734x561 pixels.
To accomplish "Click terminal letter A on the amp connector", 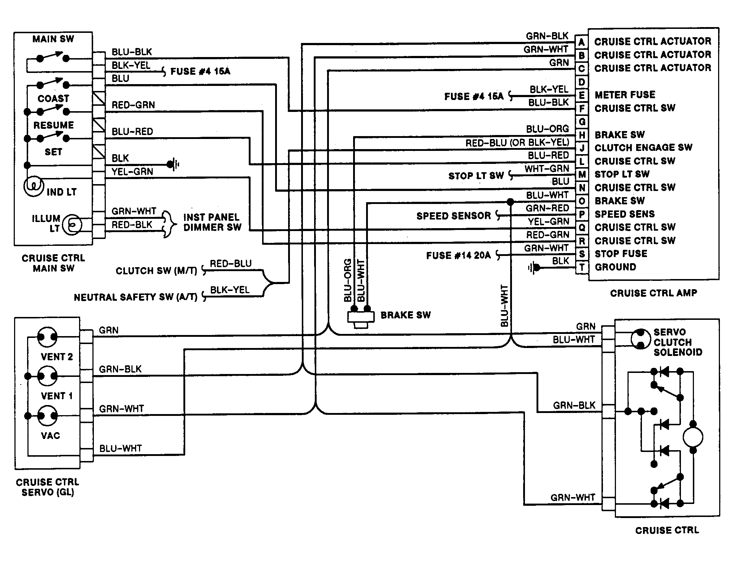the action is tap(581, 42).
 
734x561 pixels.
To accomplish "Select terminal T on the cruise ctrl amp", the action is tap(582, 268).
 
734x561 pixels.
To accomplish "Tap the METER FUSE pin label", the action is tap(625, 95).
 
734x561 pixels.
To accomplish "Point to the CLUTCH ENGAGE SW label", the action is tap(643, 148).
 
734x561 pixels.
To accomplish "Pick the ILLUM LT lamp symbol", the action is tap(72, 225).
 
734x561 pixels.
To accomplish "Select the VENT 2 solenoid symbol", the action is tap(48, 337).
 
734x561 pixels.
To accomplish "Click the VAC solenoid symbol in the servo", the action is tap(48, 416).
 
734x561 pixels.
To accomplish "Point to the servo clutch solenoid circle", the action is tap(640, 339).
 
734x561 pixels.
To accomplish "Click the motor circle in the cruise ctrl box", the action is tap(693, 437).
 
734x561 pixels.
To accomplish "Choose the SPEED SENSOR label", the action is tap(453, 216).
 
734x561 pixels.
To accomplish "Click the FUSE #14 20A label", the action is tap(459, 256).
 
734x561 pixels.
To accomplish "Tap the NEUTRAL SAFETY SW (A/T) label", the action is tap(135, 297).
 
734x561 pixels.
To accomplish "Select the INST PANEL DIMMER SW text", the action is tap(212, 222).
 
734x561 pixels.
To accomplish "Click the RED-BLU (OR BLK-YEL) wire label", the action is tap(517, 143).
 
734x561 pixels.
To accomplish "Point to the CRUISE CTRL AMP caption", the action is tap(653, 293).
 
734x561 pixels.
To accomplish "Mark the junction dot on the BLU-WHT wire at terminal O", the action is tap(510, 201).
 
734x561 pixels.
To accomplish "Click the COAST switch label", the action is tap(53, 99).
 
